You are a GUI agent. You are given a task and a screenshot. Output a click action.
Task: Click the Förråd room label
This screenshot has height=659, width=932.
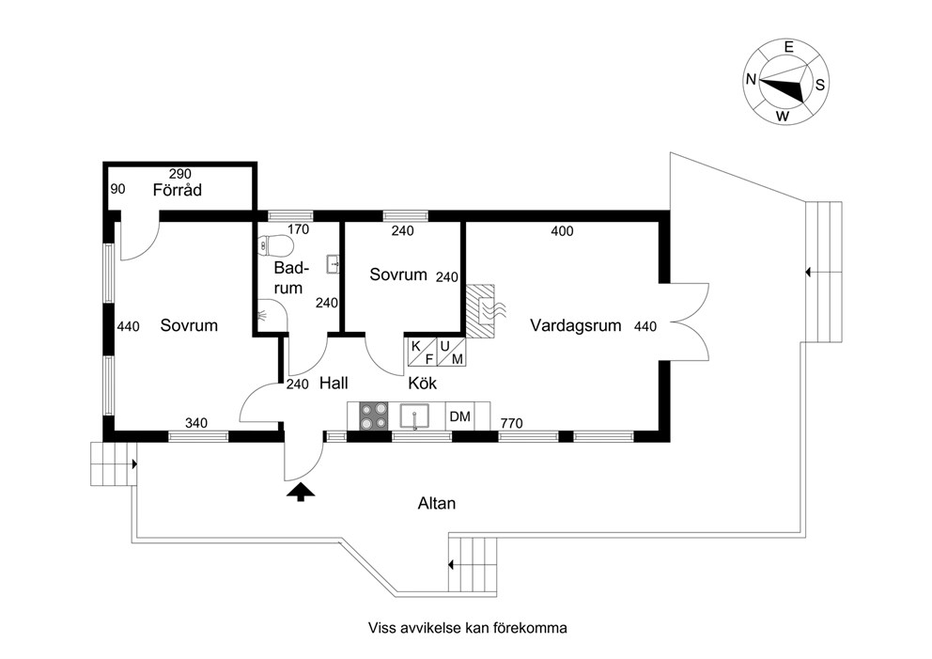[x=178, y=190]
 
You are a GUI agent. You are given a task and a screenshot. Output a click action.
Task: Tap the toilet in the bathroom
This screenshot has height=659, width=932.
[x=276, y=245]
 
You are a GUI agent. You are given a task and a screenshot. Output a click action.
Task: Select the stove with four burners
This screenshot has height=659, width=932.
[x=373, y=416]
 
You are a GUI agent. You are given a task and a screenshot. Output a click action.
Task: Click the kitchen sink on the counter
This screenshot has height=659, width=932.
[x=414, y=416]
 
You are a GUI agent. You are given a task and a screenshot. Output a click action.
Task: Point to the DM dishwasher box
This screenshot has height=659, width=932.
[x=460, y=416]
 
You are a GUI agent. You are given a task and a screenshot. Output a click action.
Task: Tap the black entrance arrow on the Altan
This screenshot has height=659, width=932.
[x=300, y=492]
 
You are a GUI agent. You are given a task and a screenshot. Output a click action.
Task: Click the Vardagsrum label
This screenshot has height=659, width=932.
[x=575, y=325]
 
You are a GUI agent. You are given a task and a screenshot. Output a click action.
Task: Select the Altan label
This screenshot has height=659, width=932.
[x=436, y=503]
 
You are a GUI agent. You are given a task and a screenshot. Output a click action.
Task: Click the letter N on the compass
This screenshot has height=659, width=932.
[x=752, y=79]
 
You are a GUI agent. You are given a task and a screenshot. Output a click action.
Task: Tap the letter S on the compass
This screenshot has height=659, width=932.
[x=819, y=85]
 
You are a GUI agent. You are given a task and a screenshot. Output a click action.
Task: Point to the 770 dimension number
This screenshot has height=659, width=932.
[x=511, y=423]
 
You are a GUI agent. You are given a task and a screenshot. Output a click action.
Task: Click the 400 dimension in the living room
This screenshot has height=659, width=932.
[x=562, y=230]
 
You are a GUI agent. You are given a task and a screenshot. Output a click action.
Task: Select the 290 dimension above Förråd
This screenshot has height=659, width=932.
[x=180, y=174]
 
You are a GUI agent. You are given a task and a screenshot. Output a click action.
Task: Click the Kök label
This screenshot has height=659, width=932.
[x=422, y=383]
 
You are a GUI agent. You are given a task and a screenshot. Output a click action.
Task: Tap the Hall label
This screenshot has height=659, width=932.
[x=334, y=383]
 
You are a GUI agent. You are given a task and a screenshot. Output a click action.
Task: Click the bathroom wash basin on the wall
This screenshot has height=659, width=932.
[x=333, y=263]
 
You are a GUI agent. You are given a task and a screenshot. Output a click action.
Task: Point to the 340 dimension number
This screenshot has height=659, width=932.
[x=196, y=423]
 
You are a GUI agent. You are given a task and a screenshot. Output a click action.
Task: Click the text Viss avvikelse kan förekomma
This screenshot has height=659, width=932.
[x=467, y=627]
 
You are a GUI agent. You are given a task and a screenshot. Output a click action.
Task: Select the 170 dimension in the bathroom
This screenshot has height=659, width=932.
[x=299, y=229]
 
